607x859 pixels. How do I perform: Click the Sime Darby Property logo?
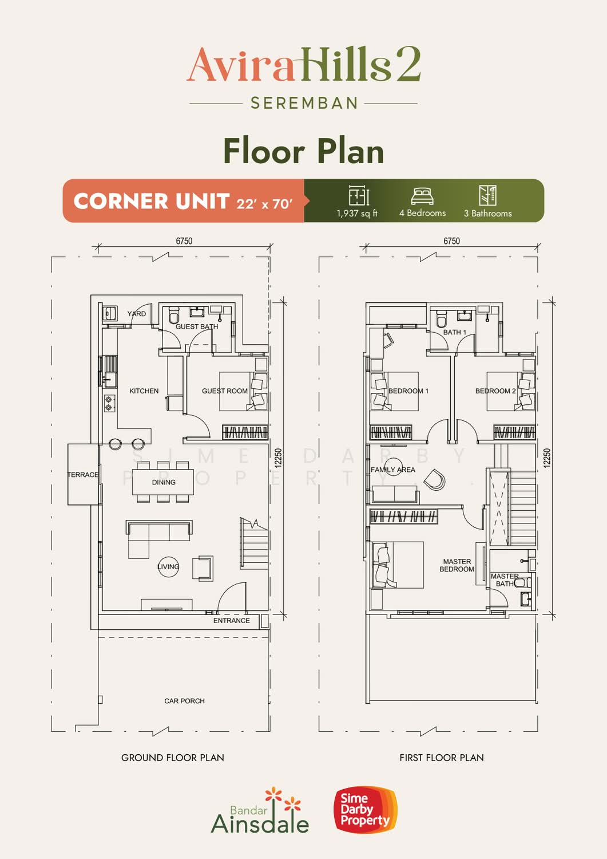(366, 810)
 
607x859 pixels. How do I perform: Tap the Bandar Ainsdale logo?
(260, 811)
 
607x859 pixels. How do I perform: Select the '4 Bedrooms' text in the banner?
(422, 213)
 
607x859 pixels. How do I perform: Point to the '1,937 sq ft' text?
(357, 214)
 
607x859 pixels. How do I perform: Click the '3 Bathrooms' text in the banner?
(487, 214)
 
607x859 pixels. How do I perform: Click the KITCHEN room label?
(144, 391)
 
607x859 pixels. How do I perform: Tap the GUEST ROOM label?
(225, 391)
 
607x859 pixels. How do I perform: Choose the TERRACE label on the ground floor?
(83, 475)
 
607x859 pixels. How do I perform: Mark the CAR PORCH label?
(184, 701)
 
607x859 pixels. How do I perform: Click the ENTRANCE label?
(232, 620)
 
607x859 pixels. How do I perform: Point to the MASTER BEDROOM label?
(457, 565)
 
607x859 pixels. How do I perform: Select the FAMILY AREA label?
(393, 470)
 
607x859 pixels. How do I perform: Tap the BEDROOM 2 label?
(495, 391)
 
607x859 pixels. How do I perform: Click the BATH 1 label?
(454, 332)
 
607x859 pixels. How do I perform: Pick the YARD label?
(136, 314)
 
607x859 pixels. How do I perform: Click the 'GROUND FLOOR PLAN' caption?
(172, 758)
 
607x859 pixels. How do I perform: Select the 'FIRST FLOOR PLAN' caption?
(442, 758)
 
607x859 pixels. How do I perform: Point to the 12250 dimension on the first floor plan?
(547, 458)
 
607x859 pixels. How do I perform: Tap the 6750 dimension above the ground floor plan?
(184, 241)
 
